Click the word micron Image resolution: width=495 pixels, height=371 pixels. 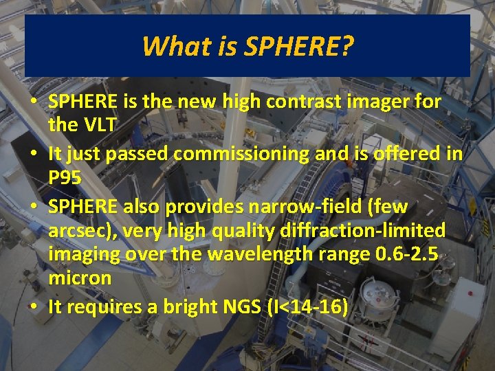(x=80, y=278)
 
